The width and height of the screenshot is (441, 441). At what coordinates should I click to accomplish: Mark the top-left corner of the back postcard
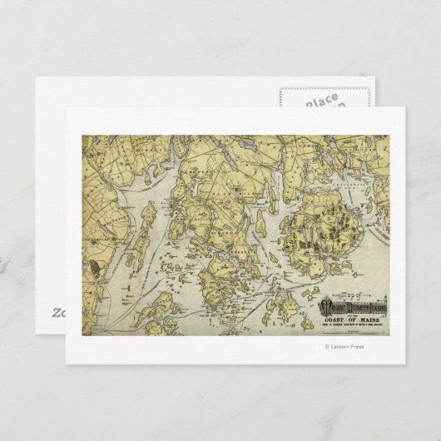36,79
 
